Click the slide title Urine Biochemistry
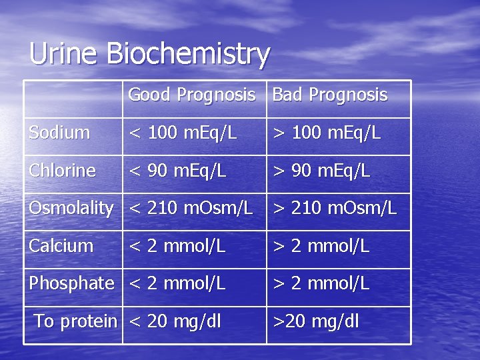[x=149, y=54]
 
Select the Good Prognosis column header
[x=192, y=95]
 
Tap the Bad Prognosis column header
[x=329, y=95]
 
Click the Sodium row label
[x=59, y=133]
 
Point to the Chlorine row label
[x=63, y=171]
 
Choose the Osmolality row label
[x=71, y=209]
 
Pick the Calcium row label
[x=61, y=246]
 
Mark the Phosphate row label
[x=71, y=283]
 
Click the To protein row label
[x=75, y=321]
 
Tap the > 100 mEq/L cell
[x=326, y=133]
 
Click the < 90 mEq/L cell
[x=177, y=171]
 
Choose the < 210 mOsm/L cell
[x=190, y=209]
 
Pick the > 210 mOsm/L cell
[x=334, y=209]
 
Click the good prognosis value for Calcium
[x=177, y=246]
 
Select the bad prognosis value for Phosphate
[x=321, y=283]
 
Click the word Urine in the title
[x=63, y=54]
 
